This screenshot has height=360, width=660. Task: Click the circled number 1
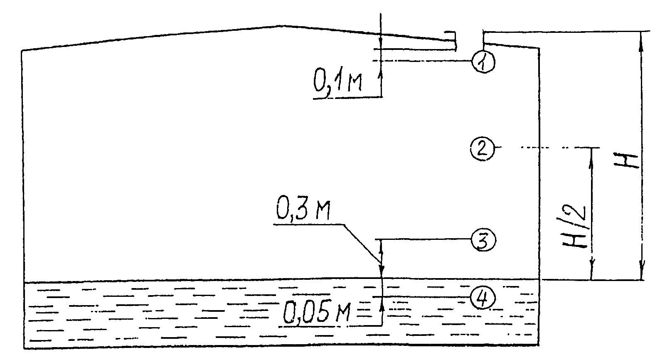(483, 62)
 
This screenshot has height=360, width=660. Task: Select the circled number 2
(482, 149)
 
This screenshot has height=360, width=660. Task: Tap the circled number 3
(483, 240)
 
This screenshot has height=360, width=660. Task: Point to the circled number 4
(483, 298)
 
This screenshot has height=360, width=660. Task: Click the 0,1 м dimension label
(337, 80)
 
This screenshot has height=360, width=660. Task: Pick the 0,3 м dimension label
(303, 210)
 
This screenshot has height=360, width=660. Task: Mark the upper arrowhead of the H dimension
(640, 40)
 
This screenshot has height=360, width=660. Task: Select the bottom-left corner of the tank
(24, 349)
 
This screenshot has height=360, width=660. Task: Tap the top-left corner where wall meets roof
(22, 51)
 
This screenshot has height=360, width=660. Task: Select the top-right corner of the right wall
(539, 48)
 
